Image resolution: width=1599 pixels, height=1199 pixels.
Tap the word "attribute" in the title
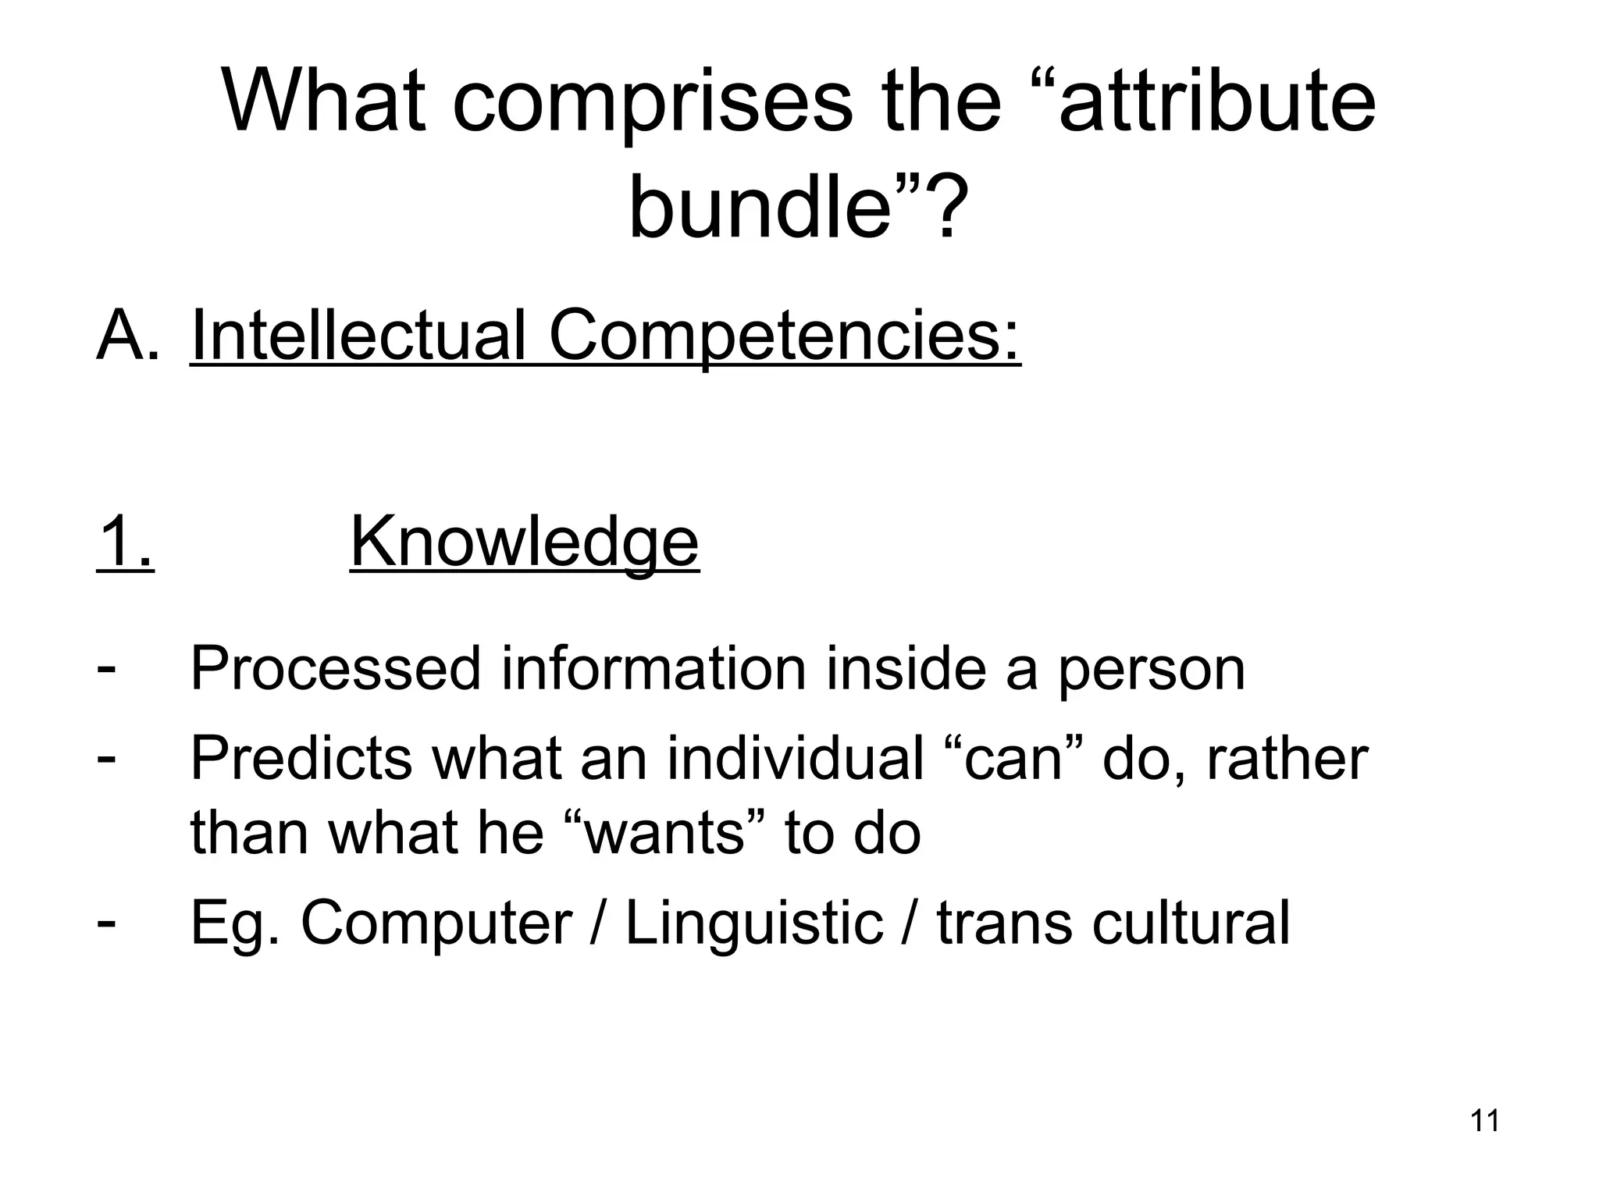[1216, 101]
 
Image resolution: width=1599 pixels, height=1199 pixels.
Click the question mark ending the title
[946, 208]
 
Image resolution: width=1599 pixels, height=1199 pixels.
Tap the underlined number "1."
[126, 542]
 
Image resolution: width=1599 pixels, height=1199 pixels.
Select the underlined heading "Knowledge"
[524, 543]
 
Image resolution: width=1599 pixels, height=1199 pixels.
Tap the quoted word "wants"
[664, 832]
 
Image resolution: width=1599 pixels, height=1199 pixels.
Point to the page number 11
[1484, 1121]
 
